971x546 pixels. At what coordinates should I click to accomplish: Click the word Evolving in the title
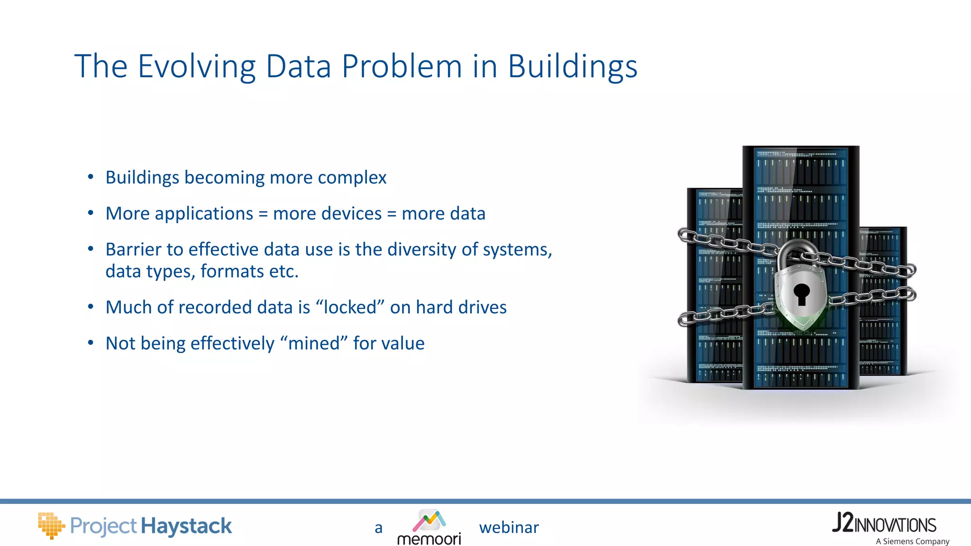pyautogui.click(x=196, y=66)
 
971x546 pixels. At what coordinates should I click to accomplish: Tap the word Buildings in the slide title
pyautogui.click(x=572, y=66)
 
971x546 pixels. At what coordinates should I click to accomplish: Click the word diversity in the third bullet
pyautogui.click(x=418, y=250)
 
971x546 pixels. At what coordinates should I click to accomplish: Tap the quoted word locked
pyautogui.click(x=349, y=308)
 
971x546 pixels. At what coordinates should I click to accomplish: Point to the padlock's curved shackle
pyautogui.click(x=797, y=249)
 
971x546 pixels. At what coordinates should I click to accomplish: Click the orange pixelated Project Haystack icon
pyautogui.click(x=51, y=525)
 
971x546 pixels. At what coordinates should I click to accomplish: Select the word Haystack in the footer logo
pyautogui.click(x=186, y=527)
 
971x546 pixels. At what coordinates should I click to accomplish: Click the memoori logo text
pyautogui.click(x=429, y=539)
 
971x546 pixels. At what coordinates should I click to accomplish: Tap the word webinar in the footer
pyautogui.click(x=509, y=528)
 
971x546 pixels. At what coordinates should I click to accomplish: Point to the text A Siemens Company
pyautogui.click(x=912, y=541)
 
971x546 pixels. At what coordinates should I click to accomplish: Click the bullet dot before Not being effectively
pyautogui.click(x=91, y=343)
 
